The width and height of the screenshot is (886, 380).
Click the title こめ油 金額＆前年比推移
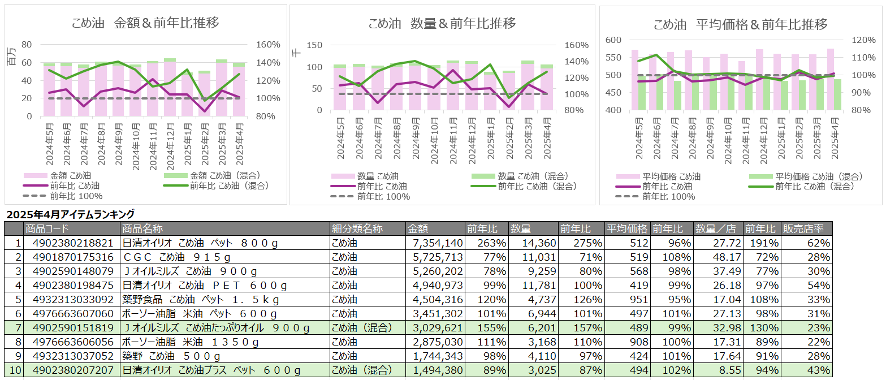pyautogui.click(x=145, y=23)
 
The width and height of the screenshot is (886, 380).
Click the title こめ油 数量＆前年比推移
pyautogui.click(x=442, y=23)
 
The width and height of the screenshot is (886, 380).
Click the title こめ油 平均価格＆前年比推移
pyautogui.click(x=740, y=24)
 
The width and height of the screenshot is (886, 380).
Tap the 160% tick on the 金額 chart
pyautogui.click(x=268, y=45)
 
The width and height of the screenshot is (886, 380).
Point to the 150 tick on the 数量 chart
pyautogui.click(x=313, y=45)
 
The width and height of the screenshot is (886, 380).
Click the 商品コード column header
pyautogui.click(x=47, y=229)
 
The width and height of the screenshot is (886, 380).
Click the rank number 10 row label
pyautogui.click(x=15, y=371)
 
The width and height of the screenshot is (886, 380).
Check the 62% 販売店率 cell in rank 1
pyautogui.click(x=819, y=243)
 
